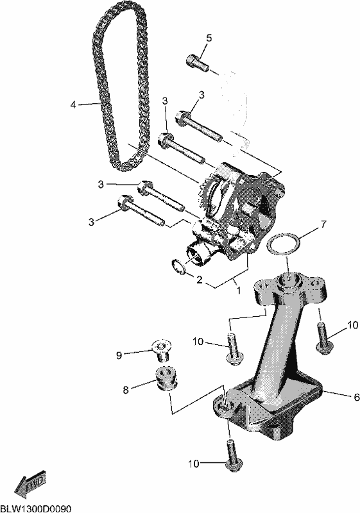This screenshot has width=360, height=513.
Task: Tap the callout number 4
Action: coord(73,105)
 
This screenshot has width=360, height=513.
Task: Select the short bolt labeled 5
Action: coord(198,63)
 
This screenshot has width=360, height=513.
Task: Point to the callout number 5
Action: coord(209,38)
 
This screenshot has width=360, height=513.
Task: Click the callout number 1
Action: coord(239,290)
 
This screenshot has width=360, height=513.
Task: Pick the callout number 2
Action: coord(200,280)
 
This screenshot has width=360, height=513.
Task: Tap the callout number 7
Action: coord(323,224)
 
